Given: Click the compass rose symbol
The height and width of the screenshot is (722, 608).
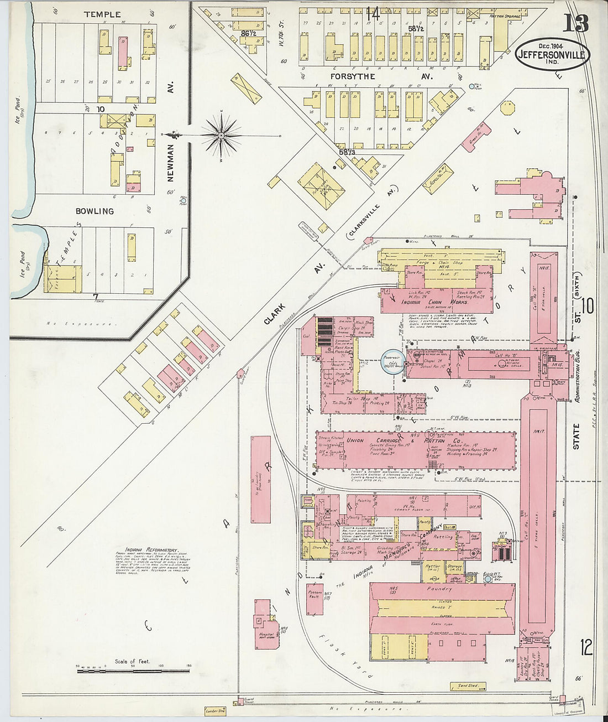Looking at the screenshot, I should pyautogui.click(x=221, y=134).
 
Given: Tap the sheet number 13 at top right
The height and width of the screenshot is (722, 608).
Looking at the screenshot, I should pyautogui.click(x=575, y=23).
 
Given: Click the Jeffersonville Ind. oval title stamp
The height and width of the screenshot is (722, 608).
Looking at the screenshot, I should pyautogui.click(x=553, y=54).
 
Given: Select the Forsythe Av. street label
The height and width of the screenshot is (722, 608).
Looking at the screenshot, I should pyautogui.click(x=353, y=76).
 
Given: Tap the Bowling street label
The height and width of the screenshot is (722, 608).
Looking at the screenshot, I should pyautogui.click(x=95, y=211).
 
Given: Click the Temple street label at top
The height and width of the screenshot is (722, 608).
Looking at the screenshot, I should pyautogui.click(x=102, y=14).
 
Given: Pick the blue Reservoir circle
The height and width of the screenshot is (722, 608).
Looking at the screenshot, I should pyautogui.click(x=393, y=362).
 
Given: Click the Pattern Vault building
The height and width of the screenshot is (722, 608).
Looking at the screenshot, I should pyautogui.click(x=315, y=599).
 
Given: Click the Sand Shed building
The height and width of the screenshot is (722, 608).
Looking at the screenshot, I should pyautogui.click(x=468, y=685).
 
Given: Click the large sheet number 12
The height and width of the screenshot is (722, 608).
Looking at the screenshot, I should pyautogui.click(x=586, y=647).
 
